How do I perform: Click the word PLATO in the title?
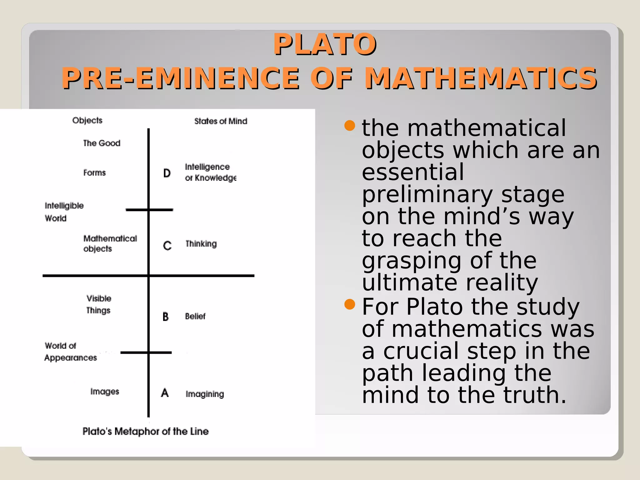325,44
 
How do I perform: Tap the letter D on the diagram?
167,173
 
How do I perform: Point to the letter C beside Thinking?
167,246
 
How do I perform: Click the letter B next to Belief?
166,317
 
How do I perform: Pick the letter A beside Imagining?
165,393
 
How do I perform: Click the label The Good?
102,143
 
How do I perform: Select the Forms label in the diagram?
94,173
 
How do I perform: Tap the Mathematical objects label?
110,243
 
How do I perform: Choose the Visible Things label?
99,304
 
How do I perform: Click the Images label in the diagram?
105,392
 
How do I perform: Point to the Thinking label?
201,244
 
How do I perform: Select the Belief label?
195,316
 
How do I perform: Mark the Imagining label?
205,394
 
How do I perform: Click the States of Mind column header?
221,121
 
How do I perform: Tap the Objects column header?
87,120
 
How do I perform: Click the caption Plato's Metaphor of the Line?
145,432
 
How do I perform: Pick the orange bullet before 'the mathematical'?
350,126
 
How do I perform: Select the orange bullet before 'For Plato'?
350,304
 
